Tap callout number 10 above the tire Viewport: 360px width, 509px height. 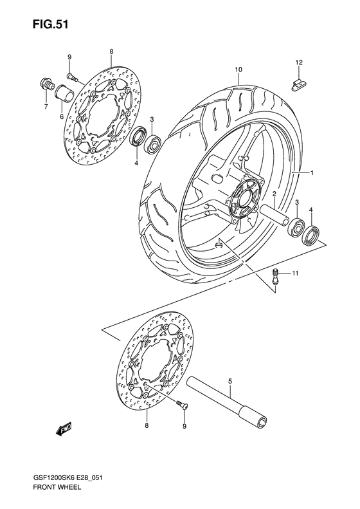[238, 69]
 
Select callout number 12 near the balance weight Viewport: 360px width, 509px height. [298, 62]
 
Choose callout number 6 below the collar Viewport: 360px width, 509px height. [62, 116]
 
